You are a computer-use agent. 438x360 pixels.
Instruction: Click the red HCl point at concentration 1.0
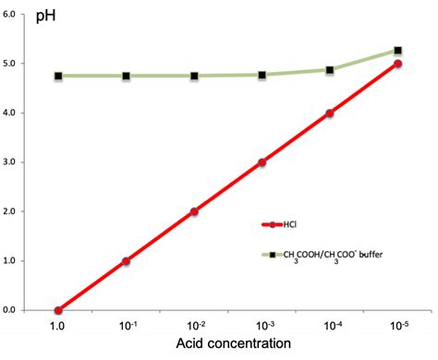(58, 310)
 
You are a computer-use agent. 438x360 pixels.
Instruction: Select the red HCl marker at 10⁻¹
(126, 261)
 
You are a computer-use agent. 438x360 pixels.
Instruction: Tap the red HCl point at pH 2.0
(194, 211)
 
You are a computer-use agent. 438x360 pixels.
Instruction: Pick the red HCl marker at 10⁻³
(262, 162)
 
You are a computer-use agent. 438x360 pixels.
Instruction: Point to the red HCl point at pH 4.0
(330, 114)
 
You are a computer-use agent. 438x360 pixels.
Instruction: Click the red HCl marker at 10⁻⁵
(397, 64)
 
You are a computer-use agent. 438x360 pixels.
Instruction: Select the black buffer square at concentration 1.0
(58, 76)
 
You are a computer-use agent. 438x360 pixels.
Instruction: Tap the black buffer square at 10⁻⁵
(397, 51)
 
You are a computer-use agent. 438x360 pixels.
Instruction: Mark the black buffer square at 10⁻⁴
(330, 69)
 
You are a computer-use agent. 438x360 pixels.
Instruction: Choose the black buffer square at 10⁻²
(194, 76)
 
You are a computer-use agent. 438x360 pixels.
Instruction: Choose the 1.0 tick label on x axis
(58, 324)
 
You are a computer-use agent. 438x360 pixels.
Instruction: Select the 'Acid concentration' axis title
(228, 344)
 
